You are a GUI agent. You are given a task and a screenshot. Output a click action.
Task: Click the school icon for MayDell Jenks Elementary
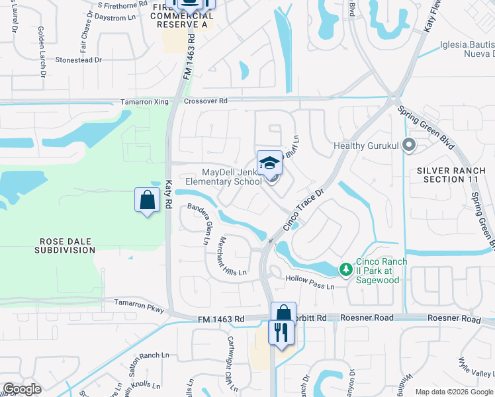(269, 163)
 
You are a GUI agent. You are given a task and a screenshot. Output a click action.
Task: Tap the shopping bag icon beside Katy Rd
(147, 200)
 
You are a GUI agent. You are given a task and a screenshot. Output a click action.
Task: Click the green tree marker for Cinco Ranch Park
(345, 269)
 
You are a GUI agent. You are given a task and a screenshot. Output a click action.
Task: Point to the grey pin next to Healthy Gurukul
(410, 145)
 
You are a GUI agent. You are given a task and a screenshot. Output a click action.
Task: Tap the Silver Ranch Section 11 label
(451, 175)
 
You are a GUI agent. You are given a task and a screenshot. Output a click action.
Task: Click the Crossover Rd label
(205, 101)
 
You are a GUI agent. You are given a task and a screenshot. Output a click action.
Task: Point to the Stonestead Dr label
(79, 60)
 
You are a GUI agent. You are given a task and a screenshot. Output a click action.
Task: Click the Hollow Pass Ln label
(310, 283)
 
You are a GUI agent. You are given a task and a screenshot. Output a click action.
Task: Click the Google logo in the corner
(22, 389)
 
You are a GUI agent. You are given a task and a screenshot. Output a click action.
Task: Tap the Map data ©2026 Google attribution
(453, 392)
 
